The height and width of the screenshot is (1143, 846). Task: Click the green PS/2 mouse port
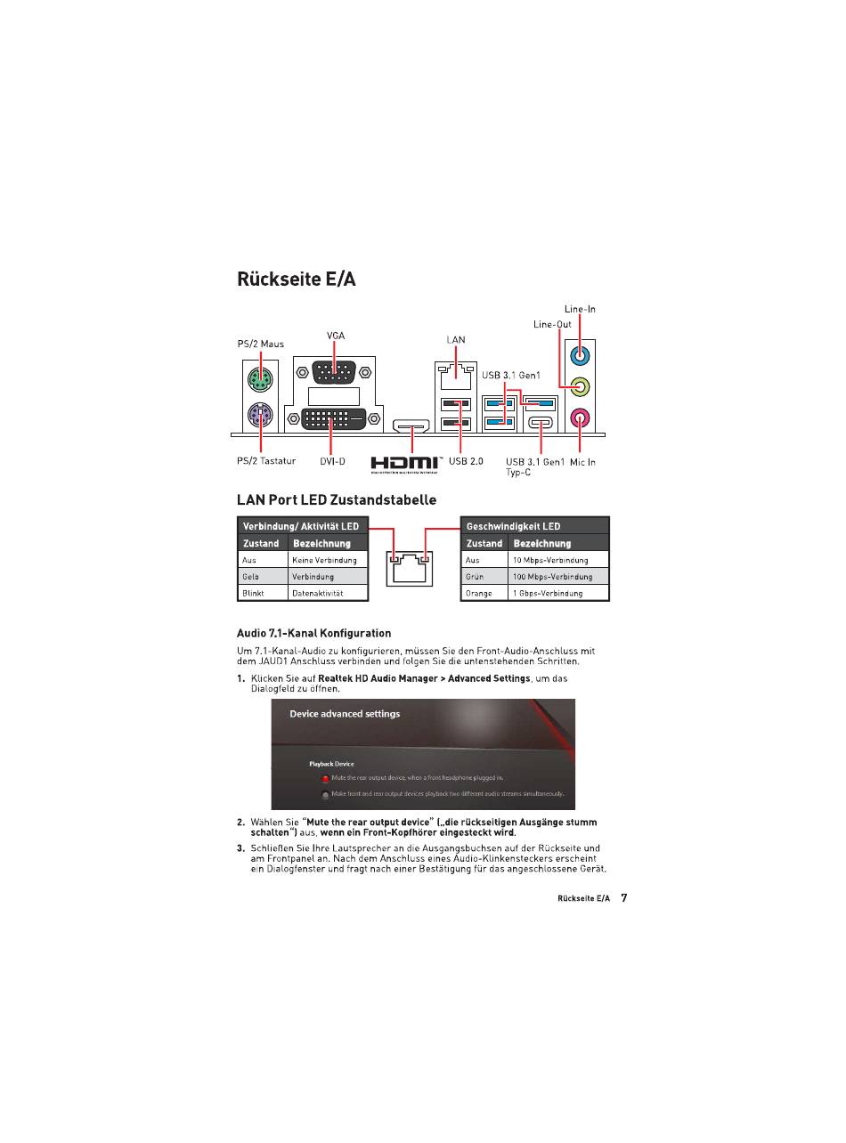[260, 381]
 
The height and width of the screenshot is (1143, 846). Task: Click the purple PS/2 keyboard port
[260, 415]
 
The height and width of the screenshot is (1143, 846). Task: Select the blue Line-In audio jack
[580, 355]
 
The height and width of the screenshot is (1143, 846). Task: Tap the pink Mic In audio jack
[580, 417]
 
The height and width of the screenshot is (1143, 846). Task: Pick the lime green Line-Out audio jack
[580, 386]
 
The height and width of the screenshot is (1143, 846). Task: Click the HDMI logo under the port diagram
[405, 464]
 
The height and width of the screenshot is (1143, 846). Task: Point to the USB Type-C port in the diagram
[541, 423]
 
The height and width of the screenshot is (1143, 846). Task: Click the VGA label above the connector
[335, 336]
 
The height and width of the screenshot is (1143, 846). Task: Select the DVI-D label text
[332, 461]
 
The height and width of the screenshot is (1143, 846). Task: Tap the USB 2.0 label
[466, 461]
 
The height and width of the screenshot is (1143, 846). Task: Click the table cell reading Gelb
[263, 577]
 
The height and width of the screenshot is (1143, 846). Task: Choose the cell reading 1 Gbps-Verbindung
[558, 593]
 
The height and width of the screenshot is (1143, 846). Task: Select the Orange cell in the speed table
[484, 593]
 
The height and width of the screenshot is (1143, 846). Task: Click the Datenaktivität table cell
[328, 593]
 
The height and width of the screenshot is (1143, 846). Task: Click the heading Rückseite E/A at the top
[296, 279]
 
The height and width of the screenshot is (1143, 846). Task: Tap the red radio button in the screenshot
[325, 778]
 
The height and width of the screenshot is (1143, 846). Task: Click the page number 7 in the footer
[623, 898]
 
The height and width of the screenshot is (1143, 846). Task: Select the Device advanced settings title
[345, 714]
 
